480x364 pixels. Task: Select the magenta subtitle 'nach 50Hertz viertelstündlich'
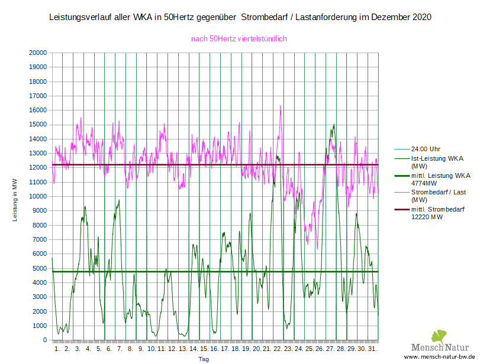coord(239,39)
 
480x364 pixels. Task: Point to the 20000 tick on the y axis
coord(38,53)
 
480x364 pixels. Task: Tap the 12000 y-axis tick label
coord(38,168)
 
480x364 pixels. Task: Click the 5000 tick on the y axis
coord(40,268)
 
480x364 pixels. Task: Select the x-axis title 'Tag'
coord(203,359)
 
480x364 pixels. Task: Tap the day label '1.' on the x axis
coord(57,349)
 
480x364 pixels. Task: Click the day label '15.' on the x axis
coord(204,349)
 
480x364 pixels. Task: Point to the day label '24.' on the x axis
coord(298,349)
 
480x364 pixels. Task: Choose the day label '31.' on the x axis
coord(372,349)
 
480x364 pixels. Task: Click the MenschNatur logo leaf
coord(438,337)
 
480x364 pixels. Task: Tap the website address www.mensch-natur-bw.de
coord(440,357)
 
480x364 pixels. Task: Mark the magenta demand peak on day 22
coord(281,106)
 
